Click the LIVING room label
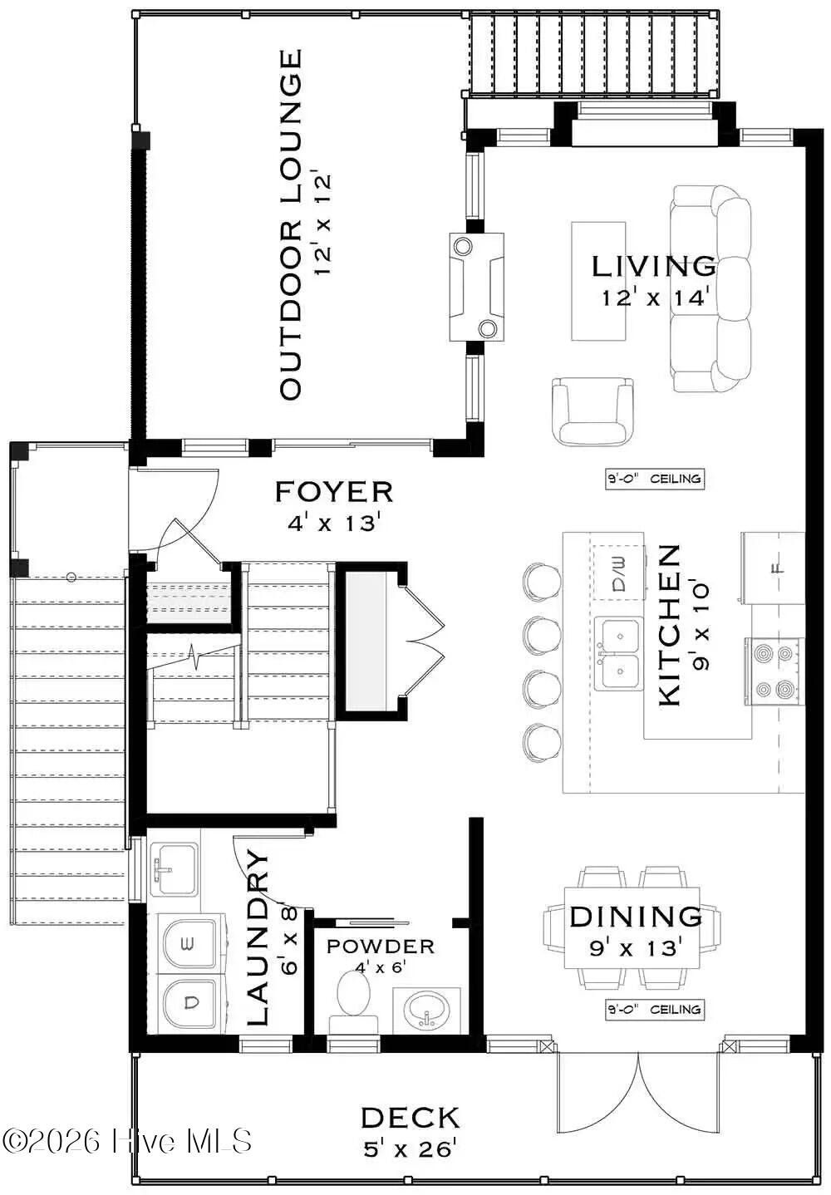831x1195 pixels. (653, 267)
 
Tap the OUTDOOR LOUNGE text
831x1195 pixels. (290, 224)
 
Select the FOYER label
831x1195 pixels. (334, 491)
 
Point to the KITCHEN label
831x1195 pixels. (670, 625)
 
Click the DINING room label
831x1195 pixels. (636, 917)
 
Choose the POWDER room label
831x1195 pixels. (381, 947)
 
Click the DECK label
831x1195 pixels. (411, 1118)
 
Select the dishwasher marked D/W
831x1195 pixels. (619, 574)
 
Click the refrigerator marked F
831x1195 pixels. (774, 569)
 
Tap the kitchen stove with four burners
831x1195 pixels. (774, 671)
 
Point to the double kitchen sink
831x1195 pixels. (618, 654)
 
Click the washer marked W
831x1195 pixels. (190, 942)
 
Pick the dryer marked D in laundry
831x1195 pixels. (191, 1004)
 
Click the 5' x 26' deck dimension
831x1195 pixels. (411, 1149)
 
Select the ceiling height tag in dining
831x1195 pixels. (655, 1010)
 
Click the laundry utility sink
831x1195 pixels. (174, 869)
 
